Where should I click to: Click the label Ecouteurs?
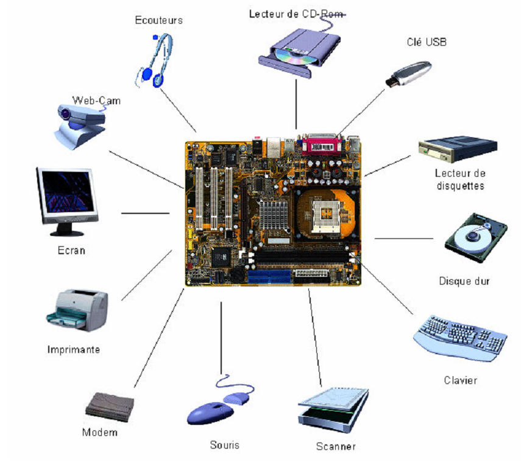158,20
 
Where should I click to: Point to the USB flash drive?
409,74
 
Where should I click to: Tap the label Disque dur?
464,281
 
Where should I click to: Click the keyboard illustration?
460,336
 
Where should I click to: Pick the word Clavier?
460,381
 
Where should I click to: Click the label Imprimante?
74,350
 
